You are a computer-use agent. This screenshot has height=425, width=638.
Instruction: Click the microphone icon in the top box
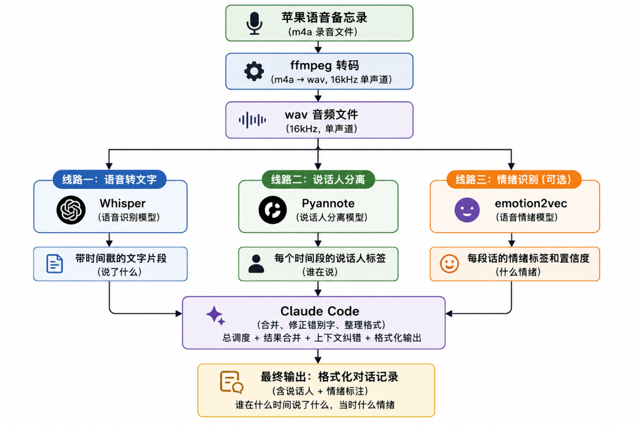coord(254,23)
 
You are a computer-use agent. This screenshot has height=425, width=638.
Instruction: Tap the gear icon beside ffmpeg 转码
coord(254,71)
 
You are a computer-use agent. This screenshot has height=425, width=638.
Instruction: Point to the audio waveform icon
coord(252,120)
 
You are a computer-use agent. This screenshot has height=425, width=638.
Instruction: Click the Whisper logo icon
coord(71,210)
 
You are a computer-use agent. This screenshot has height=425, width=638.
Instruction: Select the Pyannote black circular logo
coord(272,210)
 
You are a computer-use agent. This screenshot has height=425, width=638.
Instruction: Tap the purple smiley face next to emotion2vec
coord(467,210)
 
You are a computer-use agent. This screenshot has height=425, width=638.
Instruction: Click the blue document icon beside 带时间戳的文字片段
coord(54,263)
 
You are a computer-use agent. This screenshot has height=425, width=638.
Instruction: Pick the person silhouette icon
coord(256,263)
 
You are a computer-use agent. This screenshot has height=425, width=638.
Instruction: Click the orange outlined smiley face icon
coord(449,263)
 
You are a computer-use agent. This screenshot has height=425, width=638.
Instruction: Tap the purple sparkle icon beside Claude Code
coord(216,316)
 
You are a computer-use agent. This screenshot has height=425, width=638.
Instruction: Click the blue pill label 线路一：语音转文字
coord(109,179)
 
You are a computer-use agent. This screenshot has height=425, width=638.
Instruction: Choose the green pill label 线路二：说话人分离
coord(318,179)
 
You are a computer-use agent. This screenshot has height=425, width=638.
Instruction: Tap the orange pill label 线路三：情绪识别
coord(513,179)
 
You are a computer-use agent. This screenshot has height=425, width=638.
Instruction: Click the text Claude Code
coord(320,311)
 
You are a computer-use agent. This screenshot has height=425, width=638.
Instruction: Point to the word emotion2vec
coord(531,203)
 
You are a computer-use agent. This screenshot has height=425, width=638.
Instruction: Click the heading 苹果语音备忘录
coord(324,17)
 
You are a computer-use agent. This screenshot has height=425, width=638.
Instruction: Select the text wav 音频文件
coord(321,115)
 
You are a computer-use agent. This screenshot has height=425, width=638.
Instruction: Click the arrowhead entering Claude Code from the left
coord(178,313)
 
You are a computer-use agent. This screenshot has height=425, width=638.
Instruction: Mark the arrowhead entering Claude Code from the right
coord(449,313)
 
